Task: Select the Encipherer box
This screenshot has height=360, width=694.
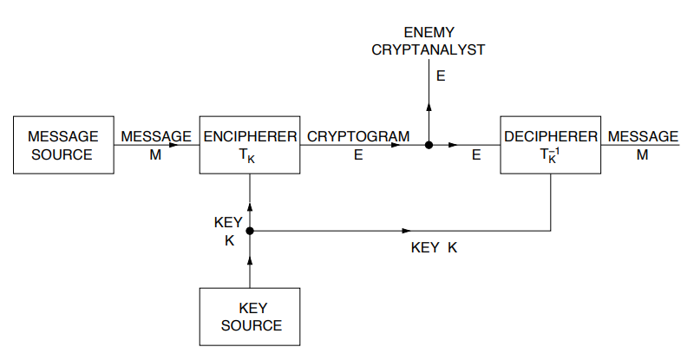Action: point(250,145)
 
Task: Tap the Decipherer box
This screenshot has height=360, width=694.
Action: point(551,145)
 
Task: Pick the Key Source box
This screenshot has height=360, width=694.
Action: point(251,317)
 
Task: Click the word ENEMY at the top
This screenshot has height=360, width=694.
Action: point(429,32)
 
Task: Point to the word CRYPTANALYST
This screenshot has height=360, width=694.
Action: point(429,49)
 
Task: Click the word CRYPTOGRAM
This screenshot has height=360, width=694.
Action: point(358,136)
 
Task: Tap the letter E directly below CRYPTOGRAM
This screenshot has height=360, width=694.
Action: point(358,156)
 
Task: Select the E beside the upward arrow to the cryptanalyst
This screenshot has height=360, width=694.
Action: point(441,76)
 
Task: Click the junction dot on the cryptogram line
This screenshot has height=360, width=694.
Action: point(429,145)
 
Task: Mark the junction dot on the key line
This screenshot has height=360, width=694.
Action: point(250,231)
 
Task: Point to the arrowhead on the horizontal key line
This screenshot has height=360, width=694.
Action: point(406,231)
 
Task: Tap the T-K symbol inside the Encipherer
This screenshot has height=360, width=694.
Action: point(250,156)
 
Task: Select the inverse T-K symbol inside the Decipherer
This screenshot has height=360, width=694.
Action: point(551,156)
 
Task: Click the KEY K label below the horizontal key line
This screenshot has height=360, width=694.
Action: point(434,247)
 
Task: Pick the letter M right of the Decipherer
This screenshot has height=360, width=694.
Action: point(642,156)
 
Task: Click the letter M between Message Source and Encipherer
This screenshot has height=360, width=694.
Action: point(155,156)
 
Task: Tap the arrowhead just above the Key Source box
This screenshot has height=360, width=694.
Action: point(250,259)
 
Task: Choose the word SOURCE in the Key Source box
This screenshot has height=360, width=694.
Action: point(252,325)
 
